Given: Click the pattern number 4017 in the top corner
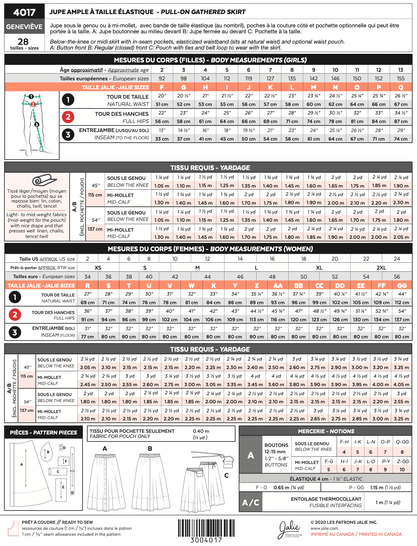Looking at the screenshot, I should pos(24,12).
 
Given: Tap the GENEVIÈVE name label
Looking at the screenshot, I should pos(24,26).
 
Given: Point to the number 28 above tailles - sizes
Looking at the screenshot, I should pos(23,41).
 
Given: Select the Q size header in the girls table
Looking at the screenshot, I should pos(400,87).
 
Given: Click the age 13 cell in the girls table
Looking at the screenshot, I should pos(400,70).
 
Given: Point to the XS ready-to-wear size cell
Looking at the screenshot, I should pos(98,267).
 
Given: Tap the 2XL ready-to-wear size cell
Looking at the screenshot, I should pos(381,267).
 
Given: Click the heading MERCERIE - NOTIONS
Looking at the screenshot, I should pos(326,431).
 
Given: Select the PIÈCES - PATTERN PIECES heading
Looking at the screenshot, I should pos(43,432).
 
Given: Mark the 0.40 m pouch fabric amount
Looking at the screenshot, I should pos(201,431).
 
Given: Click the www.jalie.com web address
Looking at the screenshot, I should pos(324,528).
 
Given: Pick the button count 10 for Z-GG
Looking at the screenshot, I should pos(402,469).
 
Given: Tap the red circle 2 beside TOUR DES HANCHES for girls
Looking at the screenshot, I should pos(68,117).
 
